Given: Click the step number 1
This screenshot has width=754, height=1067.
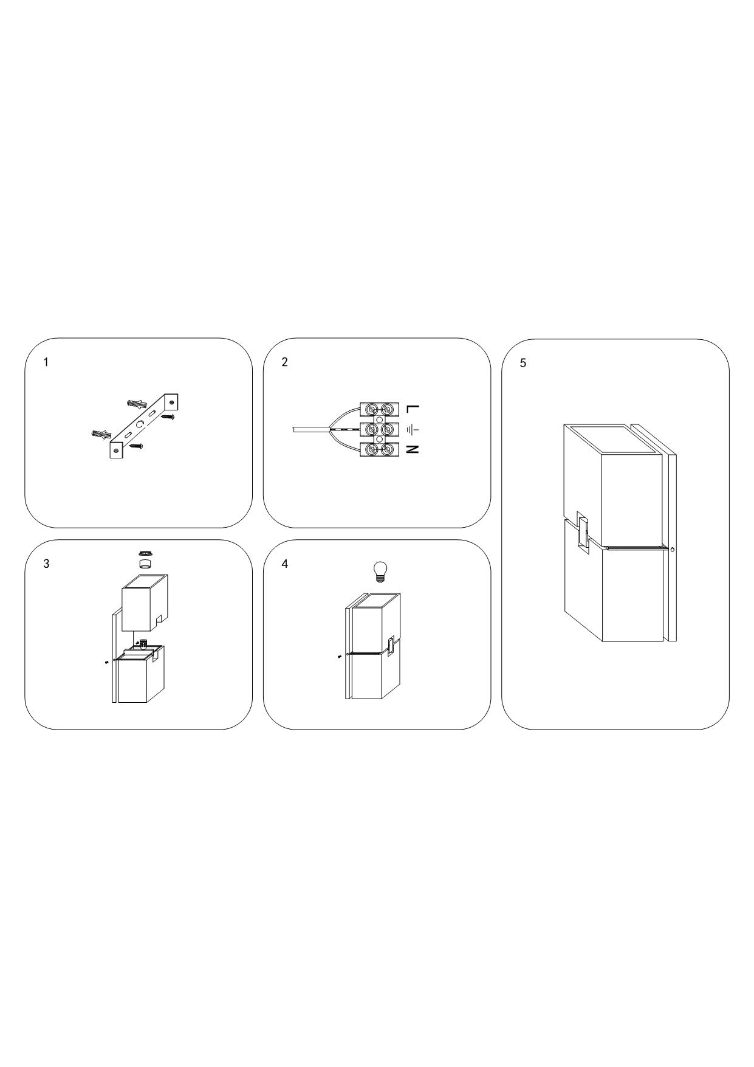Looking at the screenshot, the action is coord(46,362).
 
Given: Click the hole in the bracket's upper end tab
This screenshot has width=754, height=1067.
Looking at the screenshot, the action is coord(173,402).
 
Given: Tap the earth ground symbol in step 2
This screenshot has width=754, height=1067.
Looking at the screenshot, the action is coord(413,430).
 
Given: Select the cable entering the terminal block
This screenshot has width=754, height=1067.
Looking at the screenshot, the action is coord(310,429).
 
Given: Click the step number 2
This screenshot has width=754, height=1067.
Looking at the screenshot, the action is coord(285,362).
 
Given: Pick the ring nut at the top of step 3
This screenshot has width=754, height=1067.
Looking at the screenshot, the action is coord(145,553).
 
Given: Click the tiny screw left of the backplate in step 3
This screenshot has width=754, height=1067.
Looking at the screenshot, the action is coord(106,662).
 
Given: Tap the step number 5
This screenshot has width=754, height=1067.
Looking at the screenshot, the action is coord(523,364).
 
